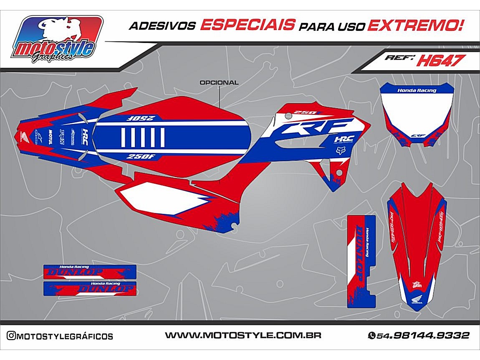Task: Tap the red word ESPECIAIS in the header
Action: (x=248, y=25)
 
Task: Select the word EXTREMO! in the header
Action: (x=415, y=25)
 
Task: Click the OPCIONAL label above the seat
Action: (x=219, y=83)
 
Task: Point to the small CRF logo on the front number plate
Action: (x=415, y=135)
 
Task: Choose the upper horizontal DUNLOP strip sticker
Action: (x=91, y=272)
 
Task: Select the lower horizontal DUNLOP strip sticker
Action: (x=91, y=288)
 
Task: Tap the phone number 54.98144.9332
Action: (x=422, y=336)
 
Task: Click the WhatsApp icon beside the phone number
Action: (x=371, y=336)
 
